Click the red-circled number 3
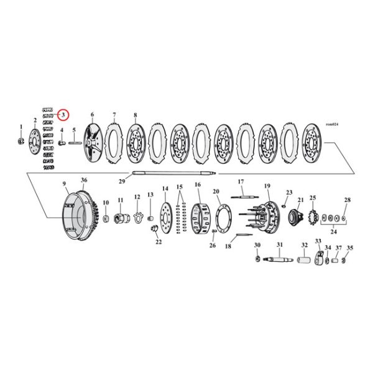(63, 116)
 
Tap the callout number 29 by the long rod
(122, 181)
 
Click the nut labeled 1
(21, 141)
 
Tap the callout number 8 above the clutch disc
(135, 116)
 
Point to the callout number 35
(349, 247)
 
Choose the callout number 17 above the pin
(241, 182)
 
